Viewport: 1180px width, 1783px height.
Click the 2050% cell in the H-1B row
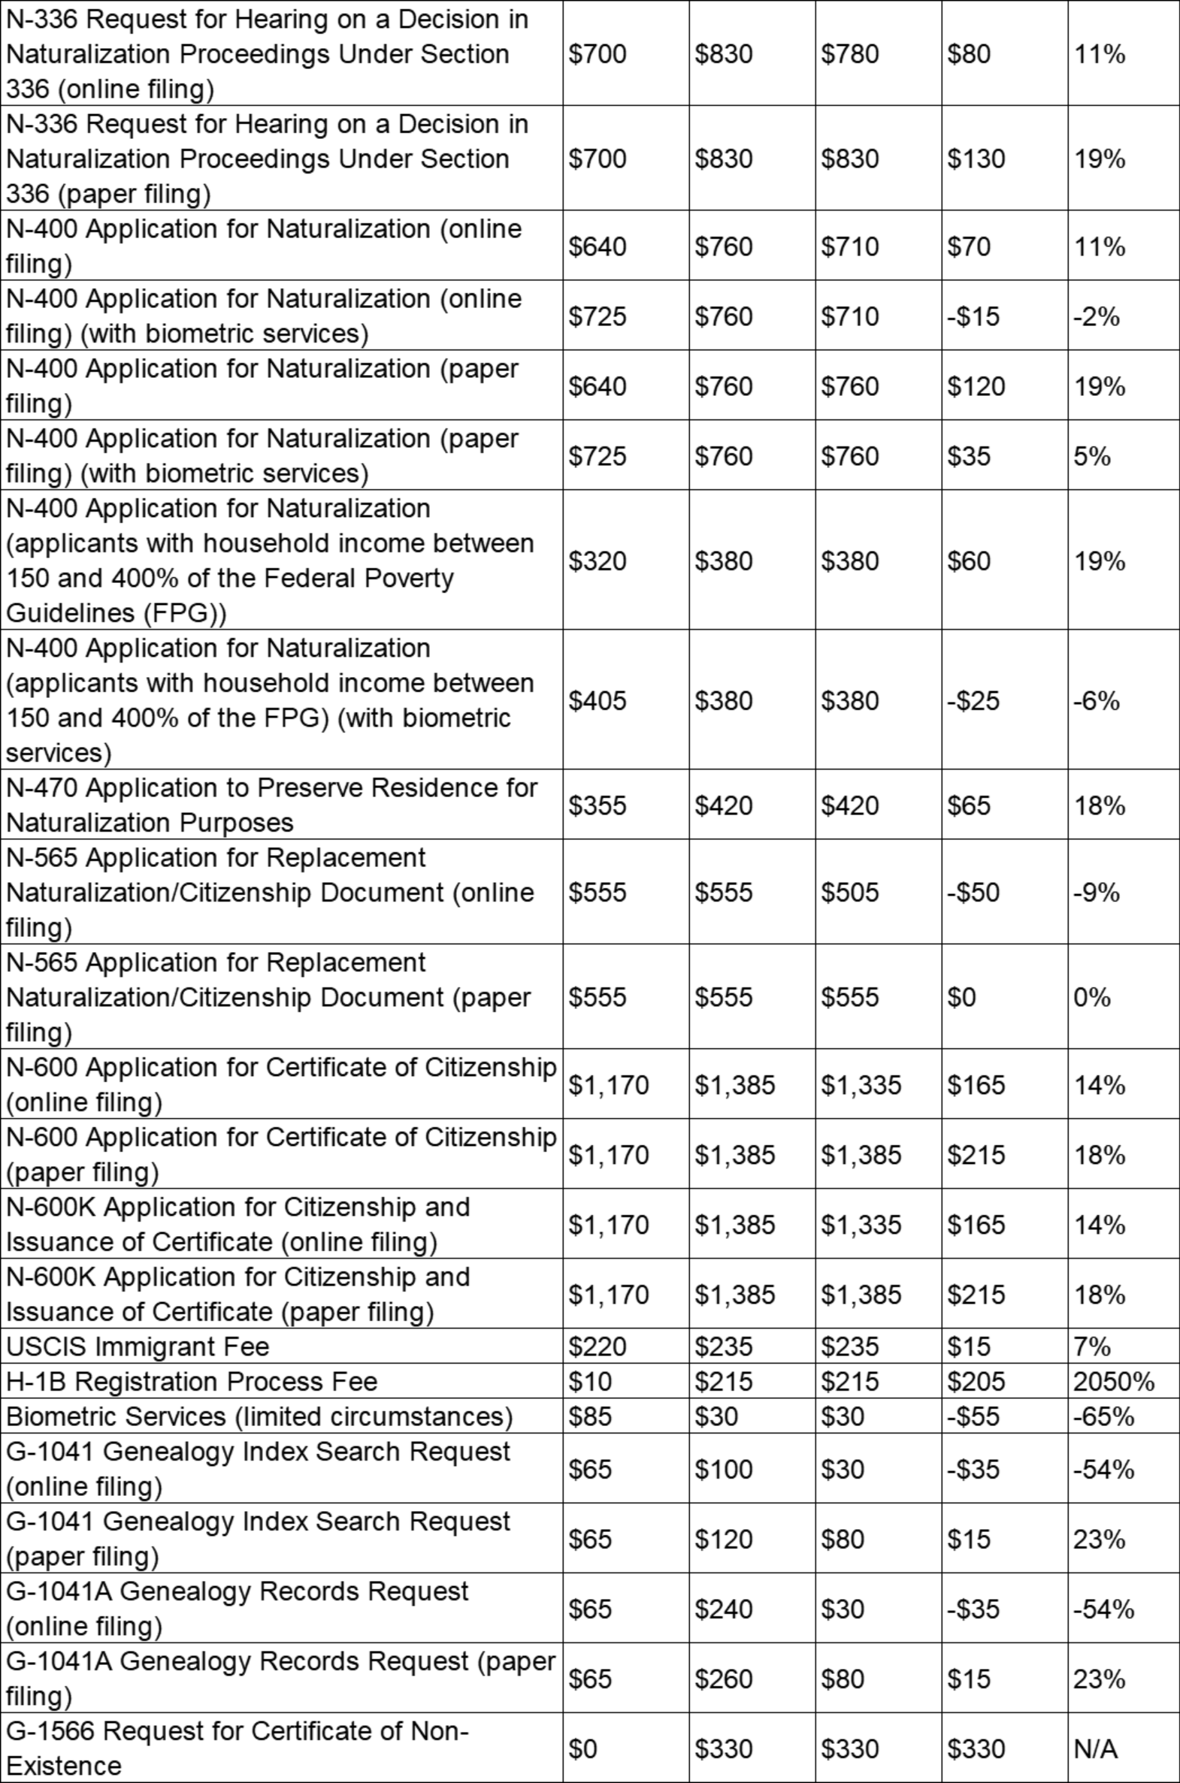coord(1113,1381)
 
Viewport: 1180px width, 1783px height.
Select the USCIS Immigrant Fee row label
coord(138,1346)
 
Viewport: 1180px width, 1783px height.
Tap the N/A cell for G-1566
coord(1095,1748)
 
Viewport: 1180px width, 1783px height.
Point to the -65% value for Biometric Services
coord(1103,1416)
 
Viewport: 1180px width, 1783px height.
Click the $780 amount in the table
coord(849,53)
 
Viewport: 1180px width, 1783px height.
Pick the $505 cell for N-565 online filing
coord(849,893)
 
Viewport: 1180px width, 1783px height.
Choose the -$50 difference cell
coord(973,893)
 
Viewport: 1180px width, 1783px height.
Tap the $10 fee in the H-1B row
coord(590,1381)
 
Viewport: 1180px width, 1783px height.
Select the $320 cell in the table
coord(598,561)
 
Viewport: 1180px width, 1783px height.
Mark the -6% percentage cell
coord(1097,700)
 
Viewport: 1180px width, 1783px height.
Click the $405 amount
coord(598,700)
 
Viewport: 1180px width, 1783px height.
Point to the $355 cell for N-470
coord(598,805)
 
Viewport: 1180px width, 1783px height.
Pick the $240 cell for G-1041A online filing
coord(723,1609)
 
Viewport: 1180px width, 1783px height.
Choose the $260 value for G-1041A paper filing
coord(723,1679)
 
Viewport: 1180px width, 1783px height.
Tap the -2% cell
coord(1097,316)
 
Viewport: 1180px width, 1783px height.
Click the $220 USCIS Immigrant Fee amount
coord(598,1346)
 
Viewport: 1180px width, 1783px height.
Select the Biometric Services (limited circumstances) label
coord(259,1416)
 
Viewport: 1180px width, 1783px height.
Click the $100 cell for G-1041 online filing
coord(723,1468)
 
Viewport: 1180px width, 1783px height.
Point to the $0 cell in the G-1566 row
coord(582,1748)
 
